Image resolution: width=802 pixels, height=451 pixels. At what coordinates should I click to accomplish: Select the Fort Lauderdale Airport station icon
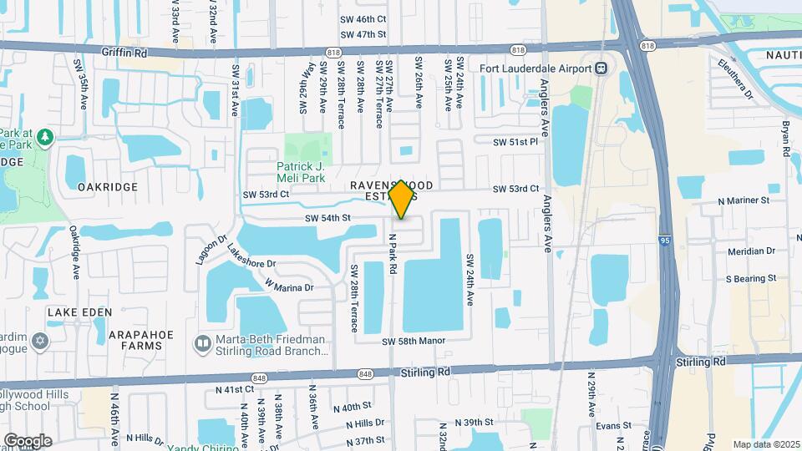click(x=601, y=68)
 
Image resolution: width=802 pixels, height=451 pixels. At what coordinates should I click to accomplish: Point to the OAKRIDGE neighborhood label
click(x=107, y=187)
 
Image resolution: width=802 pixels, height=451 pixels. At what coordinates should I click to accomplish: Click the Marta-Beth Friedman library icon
click(x=201, y=343)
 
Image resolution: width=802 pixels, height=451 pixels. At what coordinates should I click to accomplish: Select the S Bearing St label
click(x=750, y=277)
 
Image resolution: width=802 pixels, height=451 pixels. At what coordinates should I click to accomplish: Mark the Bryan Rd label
click(x=786, y=139)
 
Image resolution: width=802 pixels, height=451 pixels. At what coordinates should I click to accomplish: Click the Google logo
click(x=28, y=440)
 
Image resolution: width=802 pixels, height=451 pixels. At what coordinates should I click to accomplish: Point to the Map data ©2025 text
click(x=764, y=444)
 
